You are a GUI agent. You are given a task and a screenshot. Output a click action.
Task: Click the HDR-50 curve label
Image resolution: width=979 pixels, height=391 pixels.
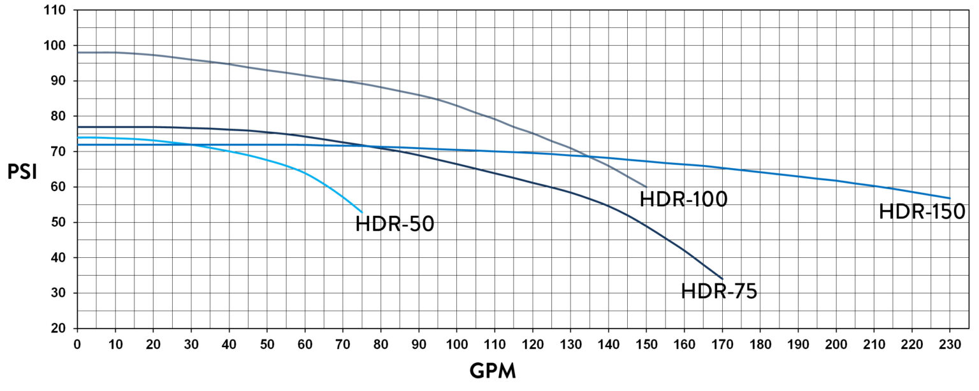(x=395, y=224)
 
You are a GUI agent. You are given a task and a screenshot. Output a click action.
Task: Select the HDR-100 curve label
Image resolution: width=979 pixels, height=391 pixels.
(x=683, y=199)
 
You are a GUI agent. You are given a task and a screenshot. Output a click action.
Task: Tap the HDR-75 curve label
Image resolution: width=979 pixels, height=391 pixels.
(x=719, y=291)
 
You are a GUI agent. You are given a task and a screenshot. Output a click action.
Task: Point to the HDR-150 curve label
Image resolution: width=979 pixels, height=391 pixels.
(x=922, y=211)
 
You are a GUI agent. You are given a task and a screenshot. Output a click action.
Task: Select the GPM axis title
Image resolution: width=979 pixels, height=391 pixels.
(x=492, y=371)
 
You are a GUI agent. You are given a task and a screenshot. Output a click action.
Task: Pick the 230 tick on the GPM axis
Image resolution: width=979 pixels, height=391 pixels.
(x=950, y=344)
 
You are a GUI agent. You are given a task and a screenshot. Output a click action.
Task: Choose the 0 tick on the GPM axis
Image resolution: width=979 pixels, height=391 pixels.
(x=77, y=344)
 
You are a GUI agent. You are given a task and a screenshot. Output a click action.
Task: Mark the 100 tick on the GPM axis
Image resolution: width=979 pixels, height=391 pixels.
(x=456, y=344)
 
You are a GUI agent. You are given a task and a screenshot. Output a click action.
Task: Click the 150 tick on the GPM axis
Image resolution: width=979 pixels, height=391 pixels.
(x=646, y=344)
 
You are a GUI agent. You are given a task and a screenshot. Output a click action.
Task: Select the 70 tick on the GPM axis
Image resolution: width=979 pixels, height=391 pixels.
(x=343, y=344)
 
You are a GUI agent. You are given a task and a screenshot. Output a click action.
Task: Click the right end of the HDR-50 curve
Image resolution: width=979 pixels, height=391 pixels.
(x=362, y=212)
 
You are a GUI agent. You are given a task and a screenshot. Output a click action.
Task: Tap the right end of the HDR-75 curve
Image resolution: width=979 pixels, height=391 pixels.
(x=722, y=279)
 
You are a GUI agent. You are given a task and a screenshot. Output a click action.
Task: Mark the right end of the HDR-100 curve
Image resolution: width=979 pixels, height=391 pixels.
(x=646, y=187)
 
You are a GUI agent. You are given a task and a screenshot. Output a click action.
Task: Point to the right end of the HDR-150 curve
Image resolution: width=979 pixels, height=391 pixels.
(x=950, y=198)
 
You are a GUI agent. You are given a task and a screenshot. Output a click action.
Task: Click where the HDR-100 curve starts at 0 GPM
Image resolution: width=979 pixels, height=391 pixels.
(x=77, y=52)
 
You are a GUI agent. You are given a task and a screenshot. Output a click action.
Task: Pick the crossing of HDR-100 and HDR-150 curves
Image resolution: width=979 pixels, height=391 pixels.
(x=588, y=156)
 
